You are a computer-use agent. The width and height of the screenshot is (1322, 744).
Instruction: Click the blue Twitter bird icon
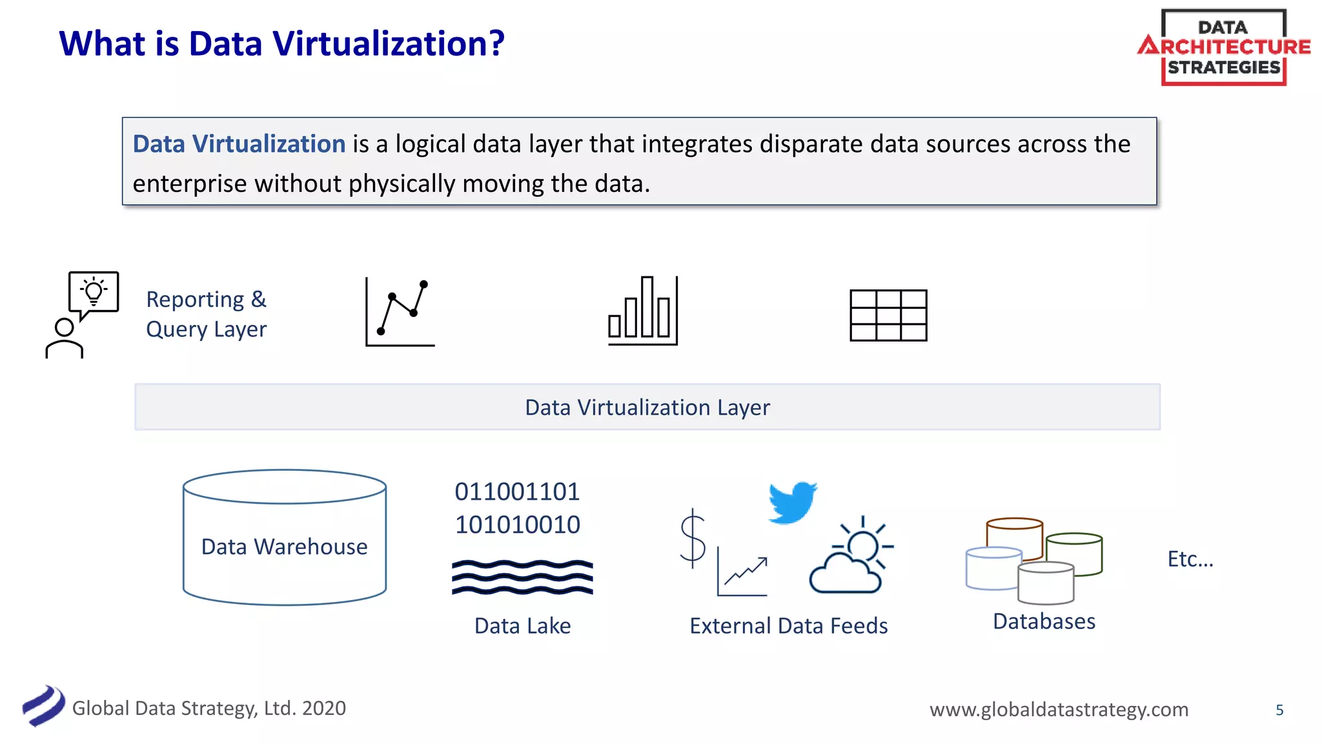coord(792,502)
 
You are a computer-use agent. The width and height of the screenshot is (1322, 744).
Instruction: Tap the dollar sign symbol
coord(693,539)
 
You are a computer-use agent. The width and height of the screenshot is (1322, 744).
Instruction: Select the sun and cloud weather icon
coord(851,556)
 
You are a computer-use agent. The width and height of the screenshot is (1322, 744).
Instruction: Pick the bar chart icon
coord(643,311)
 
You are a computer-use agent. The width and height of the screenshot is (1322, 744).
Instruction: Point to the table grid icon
coord(888,315)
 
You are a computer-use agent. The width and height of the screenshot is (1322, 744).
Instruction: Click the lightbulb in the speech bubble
coord(94,291)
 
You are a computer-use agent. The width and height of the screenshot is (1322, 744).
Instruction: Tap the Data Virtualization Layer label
coord(647,408)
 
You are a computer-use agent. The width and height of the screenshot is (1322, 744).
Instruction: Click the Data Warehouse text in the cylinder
coord(284,546)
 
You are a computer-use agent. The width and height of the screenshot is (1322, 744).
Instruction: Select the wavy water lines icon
coord(522,577)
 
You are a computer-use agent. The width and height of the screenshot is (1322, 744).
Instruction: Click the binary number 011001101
coord(517,491)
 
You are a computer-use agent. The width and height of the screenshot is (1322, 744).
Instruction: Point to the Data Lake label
coord(522,626)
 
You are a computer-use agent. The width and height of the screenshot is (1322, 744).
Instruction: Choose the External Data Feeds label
coord(788,626)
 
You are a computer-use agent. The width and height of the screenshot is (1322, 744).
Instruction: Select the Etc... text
coord(1190,559)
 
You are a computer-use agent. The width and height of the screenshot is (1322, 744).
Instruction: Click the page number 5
coord(1279,710)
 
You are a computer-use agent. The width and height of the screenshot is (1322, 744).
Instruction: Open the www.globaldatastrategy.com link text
coord(1059,709)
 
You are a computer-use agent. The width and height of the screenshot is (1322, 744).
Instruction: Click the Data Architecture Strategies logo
coord(1224,47)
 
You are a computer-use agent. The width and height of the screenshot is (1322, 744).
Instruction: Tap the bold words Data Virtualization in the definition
coord(239,144)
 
